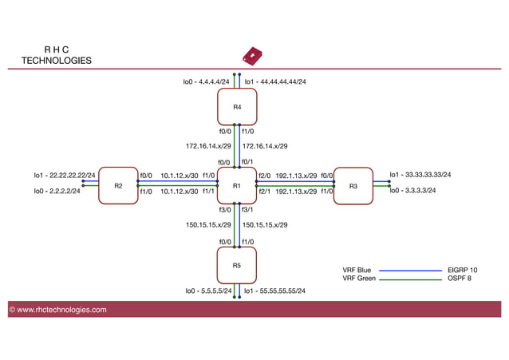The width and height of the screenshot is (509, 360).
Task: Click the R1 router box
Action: [237, 186]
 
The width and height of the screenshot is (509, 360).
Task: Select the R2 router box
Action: [118, 186]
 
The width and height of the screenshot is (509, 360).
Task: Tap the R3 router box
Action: [353, 186]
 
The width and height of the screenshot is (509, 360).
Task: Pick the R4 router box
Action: [237, 106]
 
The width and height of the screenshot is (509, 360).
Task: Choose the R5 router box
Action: [237, 265]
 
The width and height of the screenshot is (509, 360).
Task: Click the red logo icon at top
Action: [253, 56]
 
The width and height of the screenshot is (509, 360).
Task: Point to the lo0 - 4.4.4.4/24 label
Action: [207, 81]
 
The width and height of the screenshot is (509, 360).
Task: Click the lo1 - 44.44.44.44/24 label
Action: [274, 81]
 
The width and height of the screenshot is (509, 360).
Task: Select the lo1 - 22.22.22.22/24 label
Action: [64, 175]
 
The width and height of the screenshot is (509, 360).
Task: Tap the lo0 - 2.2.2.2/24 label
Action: [57, 192]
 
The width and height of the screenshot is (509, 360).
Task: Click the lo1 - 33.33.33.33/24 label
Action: [420, 174]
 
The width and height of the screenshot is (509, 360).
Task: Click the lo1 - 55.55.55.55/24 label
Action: [274, 291]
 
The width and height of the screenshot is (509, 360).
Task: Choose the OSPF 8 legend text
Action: [461, 279]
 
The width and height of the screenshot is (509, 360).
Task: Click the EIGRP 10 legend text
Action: [463, 271]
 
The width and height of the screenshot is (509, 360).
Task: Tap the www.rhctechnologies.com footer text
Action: [57, 310]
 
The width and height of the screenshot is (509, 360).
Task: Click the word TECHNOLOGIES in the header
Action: [56, 61]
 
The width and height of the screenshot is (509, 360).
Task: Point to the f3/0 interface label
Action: [225, 210]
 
